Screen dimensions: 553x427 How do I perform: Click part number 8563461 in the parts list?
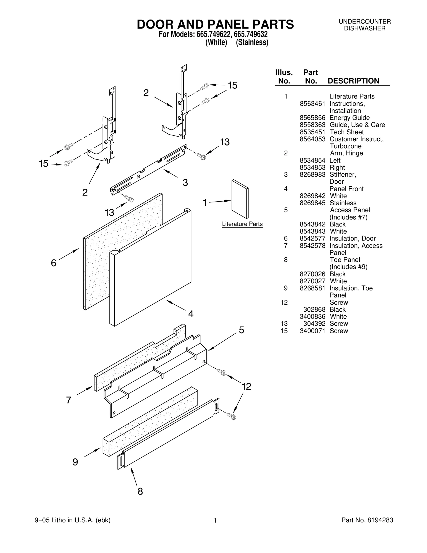click(312, 104)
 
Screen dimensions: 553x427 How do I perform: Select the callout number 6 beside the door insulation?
click(54, 263)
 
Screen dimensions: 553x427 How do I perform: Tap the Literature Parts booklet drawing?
click(240, 199)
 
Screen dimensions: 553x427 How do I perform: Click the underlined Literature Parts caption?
click(242, 224)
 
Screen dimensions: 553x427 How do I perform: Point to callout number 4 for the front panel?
click(191, 314)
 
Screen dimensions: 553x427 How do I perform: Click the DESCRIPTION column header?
click(353, 81)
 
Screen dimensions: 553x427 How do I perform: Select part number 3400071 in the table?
click(312, 331)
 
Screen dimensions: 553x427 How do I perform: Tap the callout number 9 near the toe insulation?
click(75, 462)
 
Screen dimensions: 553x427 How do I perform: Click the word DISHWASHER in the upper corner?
click(365, 28)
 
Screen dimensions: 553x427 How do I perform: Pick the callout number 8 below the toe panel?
click(140, 491)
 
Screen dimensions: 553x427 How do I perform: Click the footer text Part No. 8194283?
click(367, 520)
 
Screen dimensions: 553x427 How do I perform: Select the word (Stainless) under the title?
click(252, 42)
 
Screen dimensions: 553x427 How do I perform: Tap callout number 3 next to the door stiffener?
click(185, 183)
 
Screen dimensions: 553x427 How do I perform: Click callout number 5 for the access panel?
click(241, 330)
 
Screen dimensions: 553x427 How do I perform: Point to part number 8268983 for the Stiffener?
click(312, 175)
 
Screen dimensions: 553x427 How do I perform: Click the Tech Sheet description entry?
click(346, 132)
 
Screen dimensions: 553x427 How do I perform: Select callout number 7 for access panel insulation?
click(69, 400)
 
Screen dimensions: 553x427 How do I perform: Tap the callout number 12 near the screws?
click(246, 386)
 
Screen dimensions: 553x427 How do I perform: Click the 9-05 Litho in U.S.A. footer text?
click(73, 520)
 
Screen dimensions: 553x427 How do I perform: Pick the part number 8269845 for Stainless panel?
click(312, 203)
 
